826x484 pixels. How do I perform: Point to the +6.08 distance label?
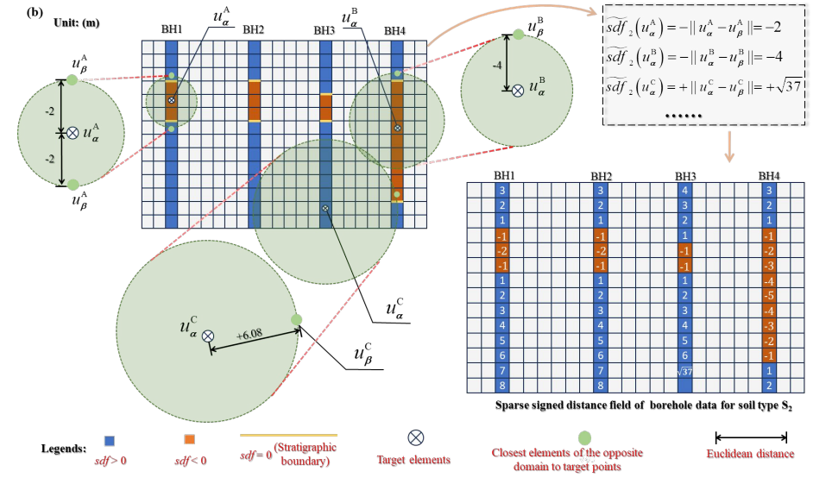pyautogui.click(x=249, y=332)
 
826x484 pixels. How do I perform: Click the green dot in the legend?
pyautogui.click(x=585, y=437)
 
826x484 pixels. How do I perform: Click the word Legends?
pyautogui.click(x=63, y=449)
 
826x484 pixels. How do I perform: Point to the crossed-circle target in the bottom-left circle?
pyautogui.click(x=208, y=336)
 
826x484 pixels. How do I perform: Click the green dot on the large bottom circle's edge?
pyautogui.click(x=297, y=319)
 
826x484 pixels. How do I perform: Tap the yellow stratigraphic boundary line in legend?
pyautogui.click(x=288, y=435)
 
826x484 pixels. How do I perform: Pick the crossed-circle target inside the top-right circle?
pyautogui.click(x=517, y=89)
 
